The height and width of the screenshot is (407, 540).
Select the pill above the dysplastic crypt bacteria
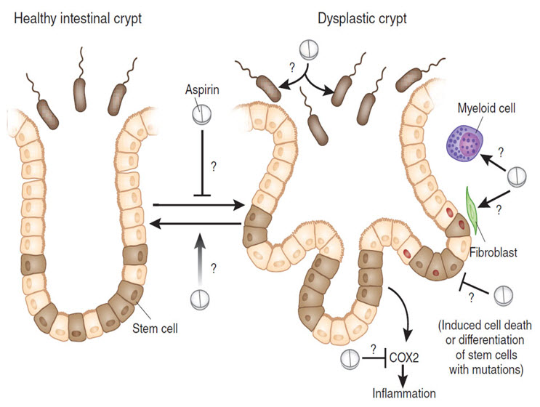coord(310,54)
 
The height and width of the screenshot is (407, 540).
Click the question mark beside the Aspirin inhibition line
coord(213,166)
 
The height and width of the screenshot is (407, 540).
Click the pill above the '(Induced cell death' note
coord(502,295)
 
